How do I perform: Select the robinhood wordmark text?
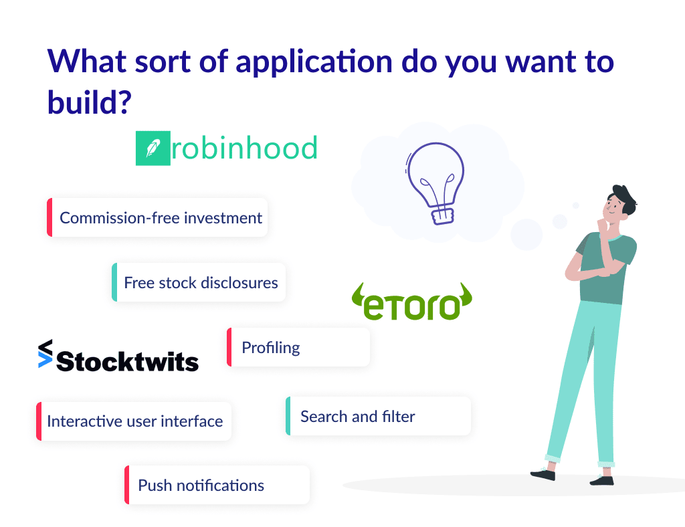[x=244, y=148]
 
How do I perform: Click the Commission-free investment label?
[x=161, y=217]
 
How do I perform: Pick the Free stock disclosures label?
[x=201, y=282]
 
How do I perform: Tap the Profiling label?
[x=270, y=348]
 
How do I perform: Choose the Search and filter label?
[x=357, y=417]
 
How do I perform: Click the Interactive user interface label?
[x=134, y=421]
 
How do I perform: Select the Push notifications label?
[x=201, y=486]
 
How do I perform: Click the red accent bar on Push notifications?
[x=126, y=485]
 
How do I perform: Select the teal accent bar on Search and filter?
[x=288, y=416]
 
